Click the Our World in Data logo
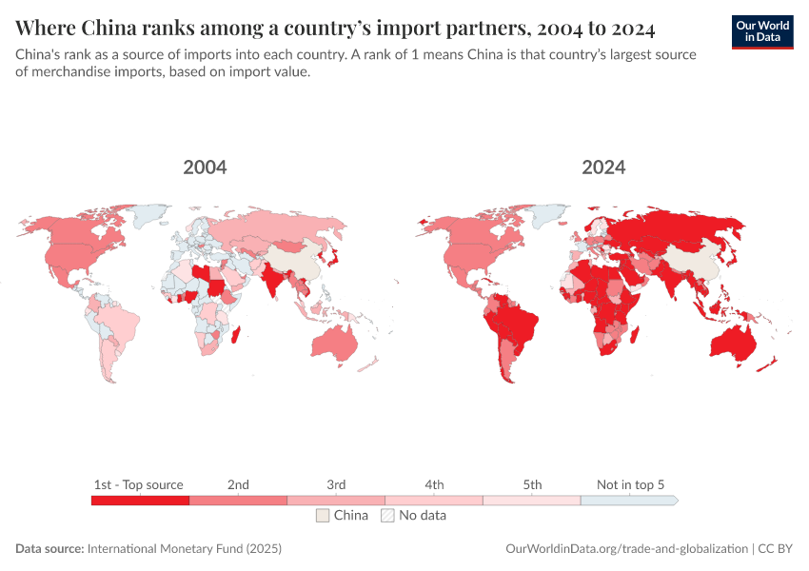click(762, 31)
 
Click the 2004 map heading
click(205, 167)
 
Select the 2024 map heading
click(603, 167)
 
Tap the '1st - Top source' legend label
click(139, 484)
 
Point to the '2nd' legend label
click(238, 484)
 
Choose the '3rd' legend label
click(336, 484)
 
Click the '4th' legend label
click(434, 484)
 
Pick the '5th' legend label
click(532, 484)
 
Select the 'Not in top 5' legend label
click(630, 484)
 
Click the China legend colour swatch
click(323, 515)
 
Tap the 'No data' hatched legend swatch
click(387, 515)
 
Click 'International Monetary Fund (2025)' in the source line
click(184, 549)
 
